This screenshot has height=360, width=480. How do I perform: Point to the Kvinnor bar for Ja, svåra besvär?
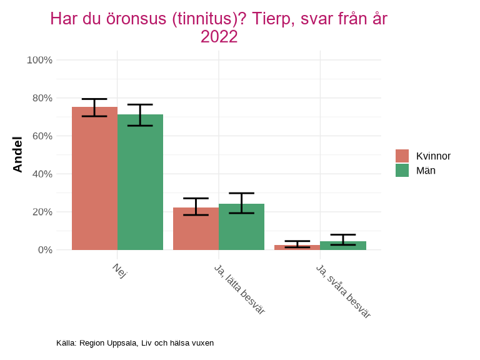coord(297,247)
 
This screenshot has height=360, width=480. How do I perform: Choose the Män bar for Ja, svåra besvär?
coord(342,246)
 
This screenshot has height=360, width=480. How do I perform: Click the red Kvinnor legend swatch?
coord(402,156)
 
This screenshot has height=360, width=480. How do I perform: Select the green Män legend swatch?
coord(402,170)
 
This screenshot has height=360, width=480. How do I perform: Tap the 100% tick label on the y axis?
coord(39,60)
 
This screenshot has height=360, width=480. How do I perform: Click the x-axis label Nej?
coord(119,271)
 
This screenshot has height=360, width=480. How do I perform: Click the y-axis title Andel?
coord(18,154)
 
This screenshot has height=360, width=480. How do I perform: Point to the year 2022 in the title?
coord(219,37)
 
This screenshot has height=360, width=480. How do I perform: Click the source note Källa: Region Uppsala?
coord(135,343)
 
